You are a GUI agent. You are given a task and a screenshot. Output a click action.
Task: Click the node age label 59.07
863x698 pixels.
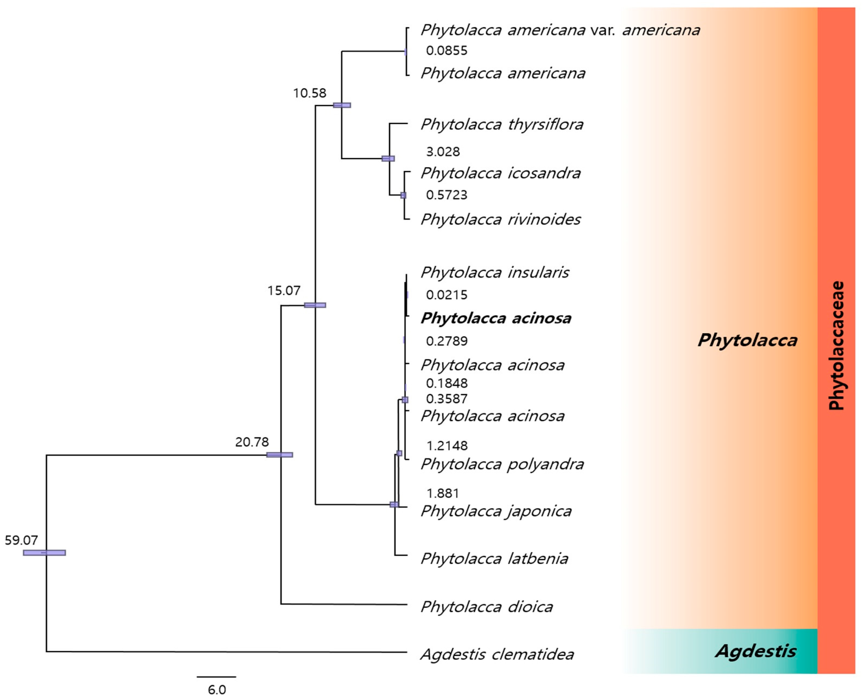tap(21, 540)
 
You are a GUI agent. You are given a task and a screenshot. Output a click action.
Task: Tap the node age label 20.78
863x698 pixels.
tap(252, 442)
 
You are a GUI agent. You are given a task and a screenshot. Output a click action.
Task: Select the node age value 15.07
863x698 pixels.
tap(284, 290)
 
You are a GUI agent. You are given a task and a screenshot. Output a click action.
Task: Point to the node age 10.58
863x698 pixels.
tap(309, 93)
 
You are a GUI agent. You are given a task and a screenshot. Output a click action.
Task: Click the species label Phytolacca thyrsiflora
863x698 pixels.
tap(502, 125)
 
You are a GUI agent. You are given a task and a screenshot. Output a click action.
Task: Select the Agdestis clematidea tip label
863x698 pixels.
tap(497, 654)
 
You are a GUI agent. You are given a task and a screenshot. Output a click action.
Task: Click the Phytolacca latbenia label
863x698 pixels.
tap(494, 559)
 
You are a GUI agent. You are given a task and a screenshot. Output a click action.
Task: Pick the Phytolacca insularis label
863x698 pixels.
tap(495, 273)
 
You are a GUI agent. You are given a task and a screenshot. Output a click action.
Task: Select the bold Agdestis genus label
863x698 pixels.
tap(755, 651)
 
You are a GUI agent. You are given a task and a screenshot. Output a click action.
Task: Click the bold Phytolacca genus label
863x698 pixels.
tap(747, 340)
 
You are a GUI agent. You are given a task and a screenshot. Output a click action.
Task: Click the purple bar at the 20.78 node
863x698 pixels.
tap(280, 455)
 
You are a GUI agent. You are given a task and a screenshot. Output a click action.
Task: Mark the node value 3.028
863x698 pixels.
tap(443, 152)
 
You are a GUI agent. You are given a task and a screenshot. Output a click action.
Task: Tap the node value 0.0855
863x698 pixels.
tap(446, 51)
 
